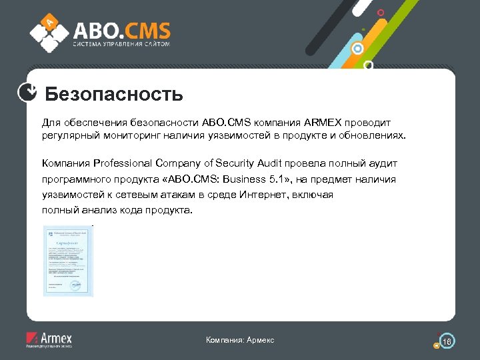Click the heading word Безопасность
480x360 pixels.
pyautogui.click(x=114, y=94)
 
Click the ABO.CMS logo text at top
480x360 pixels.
pyautogui.click(x=121, y=30)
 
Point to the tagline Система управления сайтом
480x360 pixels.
pyautogui.click(x=121, y=44)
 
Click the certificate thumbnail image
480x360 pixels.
pyautogui.click(x=68, y=261)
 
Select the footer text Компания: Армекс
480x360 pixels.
pyautogui.click(x=240, y=341)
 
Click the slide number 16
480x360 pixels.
pyautogui.click(x=447, y=342)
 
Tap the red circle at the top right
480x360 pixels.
pyautogui.click(x=381, y=13)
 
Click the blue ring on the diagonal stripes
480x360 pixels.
pyautogui.click(x=357, y=49)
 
